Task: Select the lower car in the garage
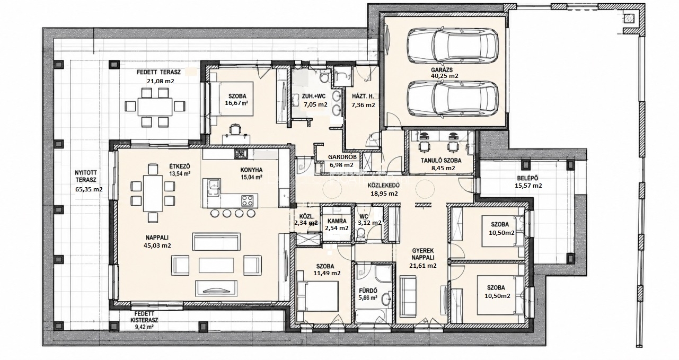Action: click(452, 99)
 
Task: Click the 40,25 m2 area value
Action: click(445, 76)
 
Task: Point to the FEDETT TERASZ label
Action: click(158, 72)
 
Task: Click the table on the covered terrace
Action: click(155, 107)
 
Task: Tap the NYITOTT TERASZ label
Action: click(86, 176)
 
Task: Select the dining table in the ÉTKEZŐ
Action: click(153, 193)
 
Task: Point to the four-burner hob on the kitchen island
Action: click(248, 200)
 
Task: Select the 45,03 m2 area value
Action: click(157, 245)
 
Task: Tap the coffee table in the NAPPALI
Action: click(216, 265)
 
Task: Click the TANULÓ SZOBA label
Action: click(441, 161)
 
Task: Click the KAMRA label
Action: click(337, 222)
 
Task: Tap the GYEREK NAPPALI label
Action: click(423, 254)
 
